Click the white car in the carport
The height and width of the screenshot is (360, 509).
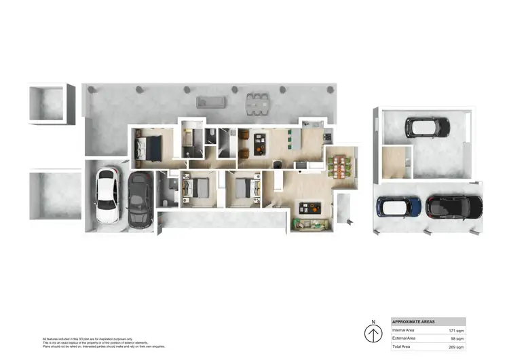point(108,196)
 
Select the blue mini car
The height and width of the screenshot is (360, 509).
point(399,205)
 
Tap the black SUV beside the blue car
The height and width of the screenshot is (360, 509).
point(454,205)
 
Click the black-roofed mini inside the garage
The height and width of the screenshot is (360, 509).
point(427,126)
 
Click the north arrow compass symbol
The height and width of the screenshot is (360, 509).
point(373,334)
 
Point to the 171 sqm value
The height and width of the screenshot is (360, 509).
point(455,330)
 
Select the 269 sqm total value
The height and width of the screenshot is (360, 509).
point(455,346)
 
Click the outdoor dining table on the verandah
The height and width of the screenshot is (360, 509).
point(257,103)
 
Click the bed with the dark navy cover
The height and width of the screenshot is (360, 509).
point(149,146)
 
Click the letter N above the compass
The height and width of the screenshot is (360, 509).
point(373,322)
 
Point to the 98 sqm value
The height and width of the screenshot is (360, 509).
point(456,338)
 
